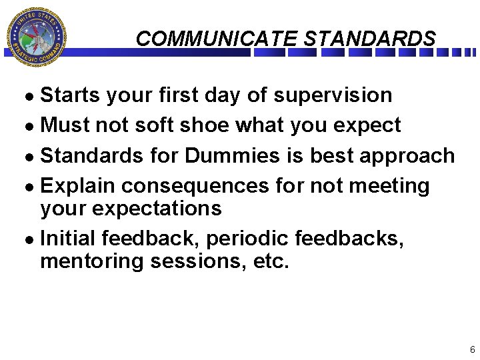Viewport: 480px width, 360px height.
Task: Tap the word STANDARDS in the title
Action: [369, 39]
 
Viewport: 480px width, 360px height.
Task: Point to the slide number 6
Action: [472, 349]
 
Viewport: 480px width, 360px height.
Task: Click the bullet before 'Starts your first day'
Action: [33, 96]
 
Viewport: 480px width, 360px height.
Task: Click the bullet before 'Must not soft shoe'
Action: [33, 126]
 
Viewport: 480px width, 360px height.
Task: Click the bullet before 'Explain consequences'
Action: [33, 186]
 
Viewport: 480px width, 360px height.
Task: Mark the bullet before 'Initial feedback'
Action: [33, 239]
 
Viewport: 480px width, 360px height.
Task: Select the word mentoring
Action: [92, 261]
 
